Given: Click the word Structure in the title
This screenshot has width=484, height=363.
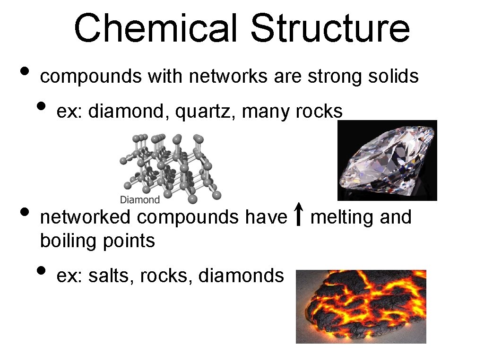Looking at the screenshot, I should pos(330,28).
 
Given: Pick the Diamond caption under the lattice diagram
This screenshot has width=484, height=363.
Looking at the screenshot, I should pos(140,199).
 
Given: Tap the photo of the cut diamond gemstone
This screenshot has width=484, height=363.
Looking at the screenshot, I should pos(387,160).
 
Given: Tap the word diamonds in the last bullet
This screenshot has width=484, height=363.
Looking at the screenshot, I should pos(241,276).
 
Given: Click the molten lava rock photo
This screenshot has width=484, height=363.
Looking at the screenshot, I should pos(361,306).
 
